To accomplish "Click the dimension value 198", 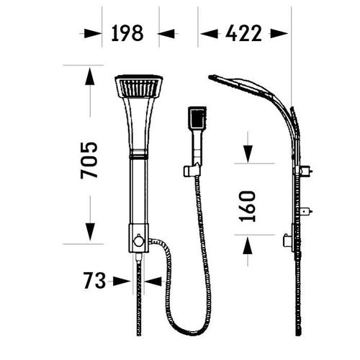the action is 127,33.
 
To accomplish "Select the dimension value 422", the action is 243,33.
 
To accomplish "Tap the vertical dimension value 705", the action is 89,161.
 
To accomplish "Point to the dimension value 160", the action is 248,207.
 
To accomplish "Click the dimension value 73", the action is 94,280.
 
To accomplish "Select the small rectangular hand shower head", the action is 197,119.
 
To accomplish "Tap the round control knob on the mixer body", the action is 139,240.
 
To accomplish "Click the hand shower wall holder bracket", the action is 192,170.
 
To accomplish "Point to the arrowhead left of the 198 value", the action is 92,34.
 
